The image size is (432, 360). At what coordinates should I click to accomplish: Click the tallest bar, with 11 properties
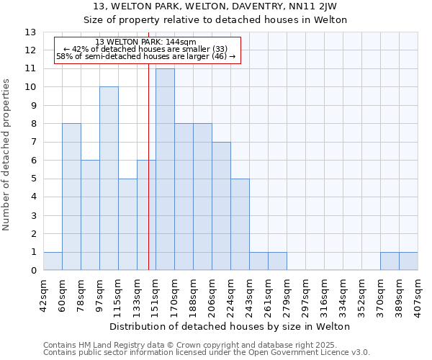(165, 169)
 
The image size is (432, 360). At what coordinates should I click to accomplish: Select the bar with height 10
(109, 179)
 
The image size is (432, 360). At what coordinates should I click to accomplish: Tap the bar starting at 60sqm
(71, 197)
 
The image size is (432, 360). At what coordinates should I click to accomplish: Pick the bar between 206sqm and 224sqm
(221, 206)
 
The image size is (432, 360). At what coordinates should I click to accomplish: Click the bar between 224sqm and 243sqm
(240, 224)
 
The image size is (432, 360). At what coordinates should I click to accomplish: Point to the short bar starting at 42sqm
(53, 261)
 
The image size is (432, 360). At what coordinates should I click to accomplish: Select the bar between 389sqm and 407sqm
(408, 261)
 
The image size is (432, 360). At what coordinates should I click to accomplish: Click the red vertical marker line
(148, 180)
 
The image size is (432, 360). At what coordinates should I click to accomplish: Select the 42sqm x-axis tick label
(43, 295)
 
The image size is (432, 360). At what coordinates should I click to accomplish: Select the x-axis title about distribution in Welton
(230, 327)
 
